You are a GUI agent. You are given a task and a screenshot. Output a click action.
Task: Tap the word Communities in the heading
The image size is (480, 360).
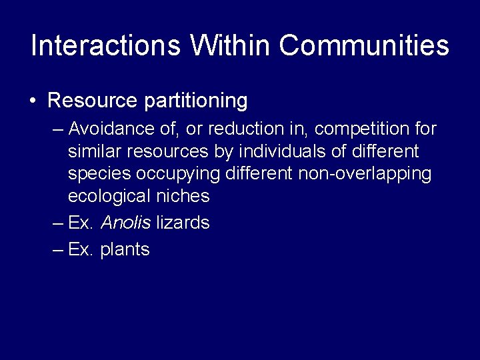pyautogui.click(x=364, y=46)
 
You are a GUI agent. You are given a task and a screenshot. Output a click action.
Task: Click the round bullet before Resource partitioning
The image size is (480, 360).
pyautogui.click(x=33, y=102)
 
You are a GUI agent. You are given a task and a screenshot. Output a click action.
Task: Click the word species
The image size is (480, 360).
pyautogui.click(x=99, y=174)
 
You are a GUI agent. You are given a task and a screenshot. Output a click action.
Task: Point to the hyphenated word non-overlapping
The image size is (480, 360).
pyautogui.click(x=364, y=174)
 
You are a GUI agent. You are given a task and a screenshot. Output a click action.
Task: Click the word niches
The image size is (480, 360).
pyautogui.click(x=181, y=197)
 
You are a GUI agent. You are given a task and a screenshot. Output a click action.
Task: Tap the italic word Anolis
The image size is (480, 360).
pyautogui.click(x=125, y=223)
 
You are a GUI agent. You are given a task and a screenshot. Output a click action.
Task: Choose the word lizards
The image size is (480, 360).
pyautogui.click(x=183, y=223)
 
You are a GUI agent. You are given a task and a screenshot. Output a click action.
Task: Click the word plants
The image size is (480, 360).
pyautogui.click(x=125, y=250)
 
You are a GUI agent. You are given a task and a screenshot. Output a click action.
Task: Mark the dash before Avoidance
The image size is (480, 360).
pyautogui.click(x=57, y=128)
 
